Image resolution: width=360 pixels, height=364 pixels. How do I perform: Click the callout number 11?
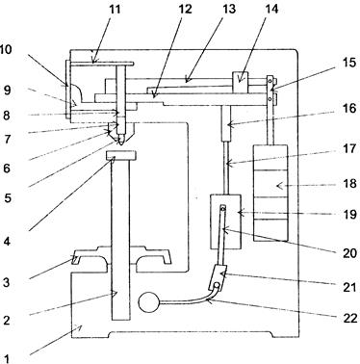coord(116,9)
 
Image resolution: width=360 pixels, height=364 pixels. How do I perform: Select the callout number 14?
coord(271,9)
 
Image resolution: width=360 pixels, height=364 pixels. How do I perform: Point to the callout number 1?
coord(7,358)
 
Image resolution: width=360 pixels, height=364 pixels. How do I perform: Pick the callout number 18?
coord(349,184)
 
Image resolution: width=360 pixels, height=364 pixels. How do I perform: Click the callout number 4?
coord(8,241)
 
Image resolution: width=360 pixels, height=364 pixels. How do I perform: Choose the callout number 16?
coord(349,109)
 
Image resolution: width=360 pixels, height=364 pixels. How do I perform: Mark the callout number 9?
coord(7,91)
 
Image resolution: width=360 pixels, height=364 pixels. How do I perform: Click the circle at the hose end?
coord(148,302)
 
